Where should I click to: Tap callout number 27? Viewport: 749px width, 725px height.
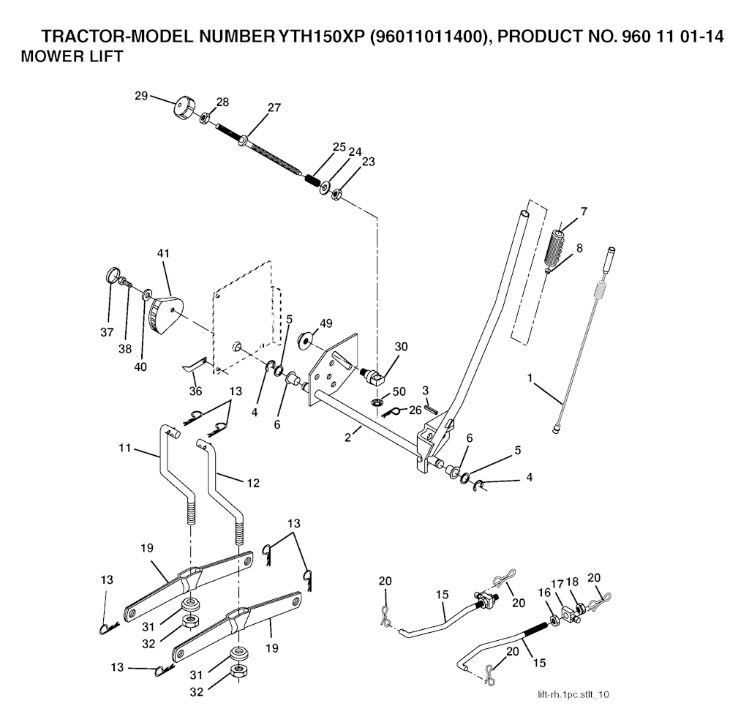point(274,108)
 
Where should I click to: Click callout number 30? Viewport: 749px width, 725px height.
point(401,348)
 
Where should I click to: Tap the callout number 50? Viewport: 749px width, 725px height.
point(399,392)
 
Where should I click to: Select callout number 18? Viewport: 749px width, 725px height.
point(571,582)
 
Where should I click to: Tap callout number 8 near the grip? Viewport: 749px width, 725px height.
point(579,248)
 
